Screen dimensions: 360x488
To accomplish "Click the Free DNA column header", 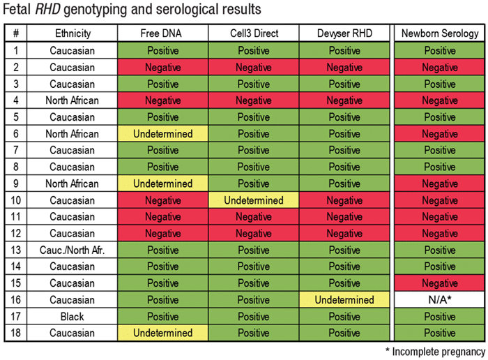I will pos(163,33).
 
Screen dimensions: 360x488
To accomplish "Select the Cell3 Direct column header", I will pos(253,33).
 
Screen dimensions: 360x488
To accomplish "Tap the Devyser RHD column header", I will pos(344,33).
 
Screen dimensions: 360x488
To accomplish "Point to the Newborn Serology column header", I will pos(440,33).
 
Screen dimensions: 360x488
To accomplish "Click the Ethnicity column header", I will pos(74,33).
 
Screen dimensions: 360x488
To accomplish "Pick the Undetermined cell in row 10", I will pos(253,200).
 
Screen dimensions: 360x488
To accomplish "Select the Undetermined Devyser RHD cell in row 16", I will pos(344,300).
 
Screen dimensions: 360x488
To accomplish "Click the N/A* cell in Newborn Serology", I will pos(440,300).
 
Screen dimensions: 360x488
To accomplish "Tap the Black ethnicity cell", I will pos(74,317).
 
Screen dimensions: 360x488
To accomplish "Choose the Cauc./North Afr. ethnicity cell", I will pos(74,250).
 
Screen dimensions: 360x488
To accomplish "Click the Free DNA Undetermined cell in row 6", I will pos(163,134).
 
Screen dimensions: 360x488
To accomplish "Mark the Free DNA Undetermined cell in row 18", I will pos(163,333).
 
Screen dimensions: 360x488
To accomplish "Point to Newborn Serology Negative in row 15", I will pos(440,283).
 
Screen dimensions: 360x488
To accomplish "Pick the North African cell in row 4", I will pos(74,100).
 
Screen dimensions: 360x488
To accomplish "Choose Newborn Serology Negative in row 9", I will pos(440,183).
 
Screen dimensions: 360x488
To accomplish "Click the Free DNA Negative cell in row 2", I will pos(163,67).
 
